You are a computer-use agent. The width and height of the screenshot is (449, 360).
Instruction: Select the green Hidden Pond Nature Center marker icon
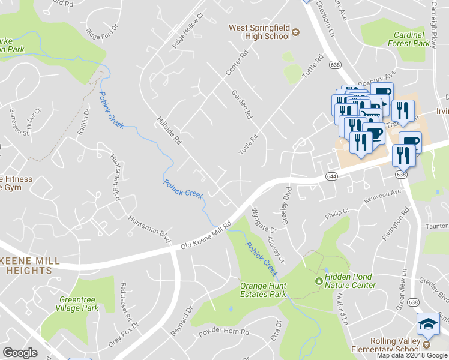click(318, 281)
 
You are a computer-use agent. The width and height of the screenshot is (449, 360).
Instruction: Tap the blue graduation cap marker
click(429, 324)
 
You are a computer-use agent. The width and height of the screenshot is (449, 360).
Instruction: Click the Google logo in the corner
click(20, 352)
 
